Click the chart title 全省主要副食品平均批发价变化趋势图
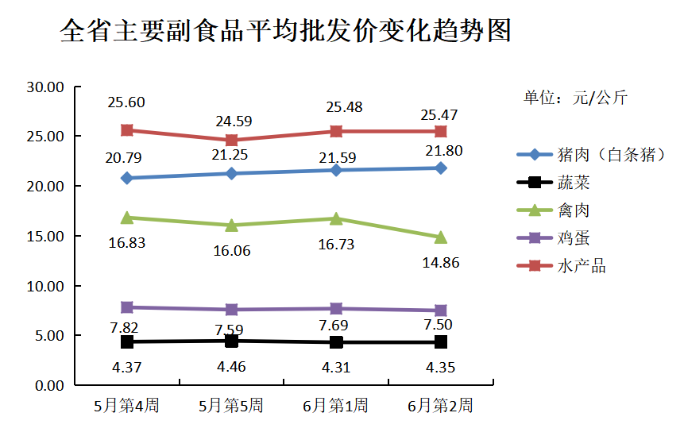pos(285,32)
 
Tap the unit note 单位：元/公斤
pos(574,98)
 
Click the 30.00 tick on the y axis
pos(45,87)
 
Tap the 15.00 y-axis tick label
pos(45,236)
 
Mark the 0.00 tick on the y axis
pos(48,385)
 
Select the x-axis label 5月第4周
pos(126,406)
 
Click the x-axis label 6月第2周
pos(441,406)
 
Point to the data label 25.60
pos(127,102)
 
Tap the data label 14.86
pos(440,263)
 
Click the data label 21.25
pos(230,156)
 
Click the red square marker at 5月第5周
pos(231,140)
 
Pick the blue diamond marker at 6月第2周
pos(441,168)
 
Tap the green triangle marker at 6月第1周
pos(336,218)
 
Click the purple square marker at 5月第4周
pos(126,307)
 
